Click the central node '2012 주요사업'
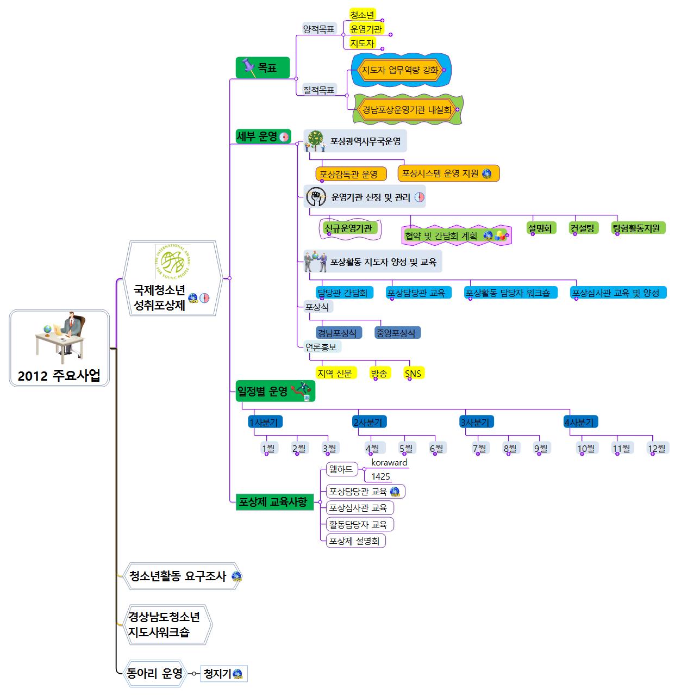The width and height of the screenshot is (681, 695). (x=59, y=375)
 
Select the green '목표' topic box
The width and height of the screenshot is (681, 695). (x=263, y=67)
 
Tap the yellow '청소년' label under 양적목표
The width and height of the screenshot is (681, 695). (x=362, y=15)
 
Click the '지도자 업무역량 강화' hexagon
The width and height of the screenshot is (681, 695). (x=400, y=70)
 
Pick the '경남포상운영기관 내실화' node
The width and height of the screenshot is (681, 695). (x=407, y=110)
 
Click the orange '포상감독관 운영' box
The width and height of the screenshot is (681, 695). (x=351, y=174)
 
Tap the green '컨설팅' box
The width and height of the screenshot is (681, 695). (x=583, y=228)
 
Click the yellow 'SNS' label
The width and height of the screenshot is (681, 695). (x=413, y=373)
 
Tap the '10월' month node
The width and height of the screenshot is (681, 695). (x=586, y=449)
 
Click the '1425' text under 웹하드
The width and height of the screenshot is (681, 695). (x=380, y=476)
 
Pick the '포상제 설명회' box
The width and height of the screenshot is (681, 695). (x=355, y=541)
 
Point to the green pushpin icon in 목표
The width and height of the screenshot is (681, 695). (x=248, y=67)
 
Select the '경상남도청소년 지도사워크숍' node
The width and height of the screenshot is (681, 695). (x=164, y=624)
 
